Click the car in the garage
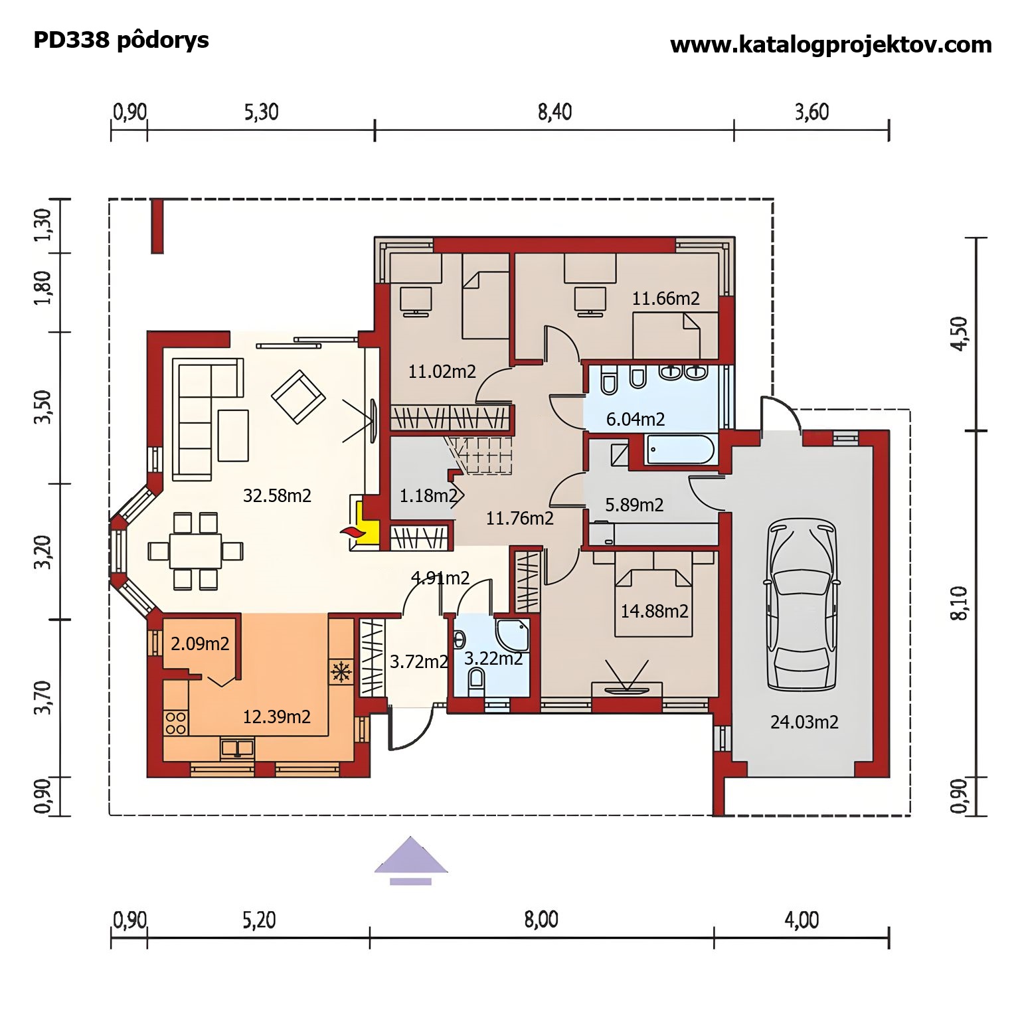(802, 606)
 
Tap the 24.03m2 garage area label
(804, 722)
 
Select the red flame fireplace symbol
(351, 531)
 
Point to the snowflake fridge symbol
(341, 672)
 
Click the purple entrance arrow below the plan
(411, 860)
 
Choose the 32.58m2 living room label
(277, 495)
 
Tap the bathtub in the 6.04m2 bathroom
(679, 450)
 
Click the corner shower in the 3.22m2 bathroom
(513, 636)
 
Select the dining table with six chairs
(195, 551)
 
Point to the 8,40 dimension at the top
(554, 112)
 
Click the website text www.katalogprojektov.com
(831, 45)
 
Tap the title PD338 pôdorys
(121, 41)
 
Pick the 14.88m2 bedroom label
(654, 611)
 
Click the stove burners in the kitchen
(175, 722)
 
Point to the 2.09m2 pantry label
(200, 643)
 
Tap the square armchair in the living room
(298, 396)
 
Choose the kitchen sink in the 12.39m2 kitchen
(237, 748)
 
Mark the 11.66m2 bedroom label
(665, 299)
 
